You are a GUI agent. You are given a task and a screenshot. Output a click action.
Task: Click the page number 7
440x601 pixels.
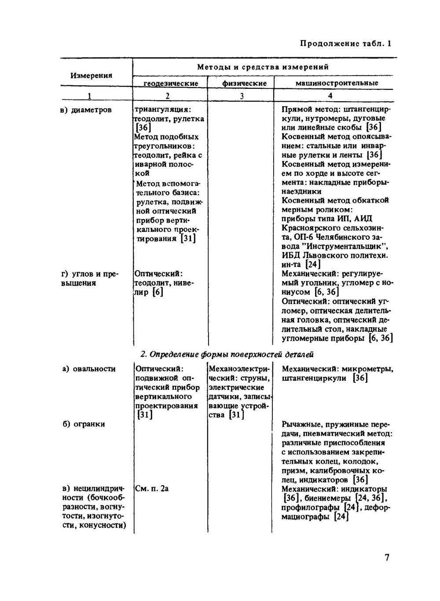(x=387, y=557)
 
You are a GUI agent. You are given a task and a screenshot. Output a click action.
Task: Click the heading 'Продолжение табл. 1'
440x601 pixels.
(x=345, y=43)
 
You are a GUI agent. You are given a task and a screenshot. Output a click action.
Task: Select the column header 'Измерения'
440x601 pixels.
(x=91, y=75)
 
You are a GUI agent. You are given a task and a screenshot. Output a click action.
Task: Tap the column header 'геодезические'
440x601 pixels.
(x=171, y=83)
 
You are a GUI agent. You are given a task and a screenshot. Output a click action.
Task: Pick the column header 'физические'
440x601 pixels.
(x=244, y=83)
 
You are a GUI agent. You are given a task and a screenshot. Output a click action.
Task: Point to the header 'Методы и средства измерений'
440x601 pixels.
(x=263, y=67)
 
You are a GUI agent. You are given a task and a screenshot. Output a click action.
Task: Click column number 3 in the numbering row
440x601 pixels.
(x=242, y=95)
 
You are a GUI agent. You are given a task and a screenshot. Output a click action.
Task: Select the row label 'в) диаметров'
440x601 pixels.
(x=86, y=110)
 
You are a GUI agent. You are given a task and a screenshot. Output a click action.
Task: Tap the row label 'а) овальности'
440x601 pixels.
(x=89, y=369)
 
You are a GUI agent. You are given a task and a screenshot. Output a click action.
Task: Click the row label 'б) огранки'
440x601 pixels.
(x=84, y=424)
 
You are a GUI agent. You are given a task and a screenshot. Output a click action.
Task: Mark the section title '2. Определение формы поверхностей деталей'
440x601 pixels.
(x=227, y=354)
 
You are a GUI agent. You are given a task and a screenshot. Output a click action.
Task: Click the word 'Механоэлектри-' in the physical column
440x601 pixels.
(x=238, y=369)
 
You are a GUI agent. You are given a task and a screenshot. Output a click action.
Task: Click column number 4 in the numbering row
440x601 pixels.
(x=330, y=95)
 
